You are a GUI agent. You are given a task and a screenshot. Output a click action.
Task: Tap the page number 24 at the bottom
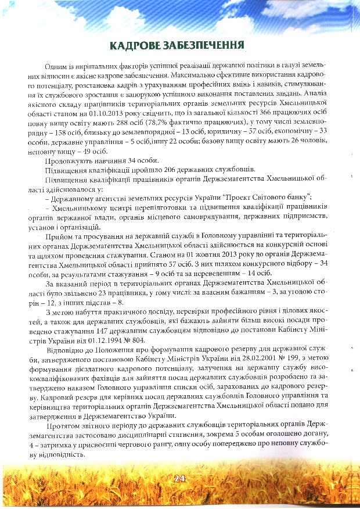(x=179, y=478)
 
